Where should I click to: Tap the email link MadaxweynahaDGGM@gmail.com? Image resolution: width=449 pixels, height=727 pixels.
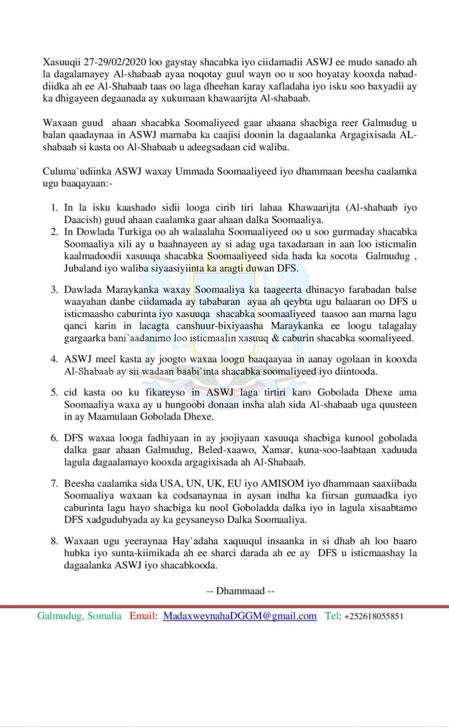tap(240, 616)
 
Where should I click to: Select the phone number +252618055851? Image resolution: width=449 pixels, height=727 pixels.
tap(374, 616)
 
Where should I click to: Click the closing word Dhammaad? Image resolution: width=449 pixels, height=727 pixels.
tap(240, 591)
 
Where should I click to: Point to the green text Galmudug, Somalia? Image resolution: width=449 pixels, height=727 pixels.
tap(80, 616)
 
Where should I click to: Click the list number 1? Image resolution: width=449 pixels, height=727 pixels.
tap(54, 207)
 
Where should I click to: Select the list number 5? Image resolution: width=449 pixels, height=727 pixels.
tap(54, 392)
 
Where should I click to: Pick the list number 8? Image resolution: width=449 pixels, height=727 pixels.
tap(54, 541)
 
